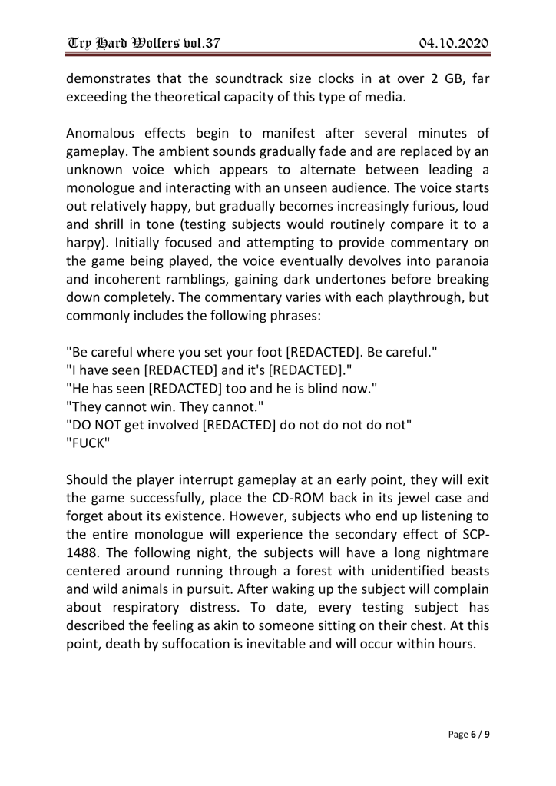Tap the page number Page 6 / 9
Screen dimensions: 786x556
(469, 735)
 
